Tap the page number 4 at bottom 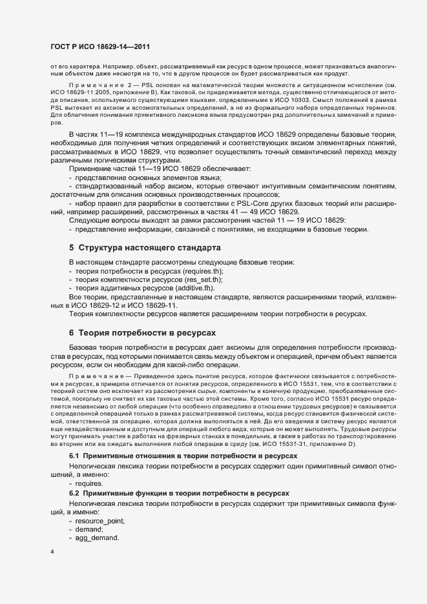(x=52, y=552)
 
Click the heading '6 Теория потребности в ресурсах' (x=142, y=332)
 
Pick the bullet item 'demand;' (x=90, y=528)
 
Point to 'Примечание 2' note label (x=97, y=85)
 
